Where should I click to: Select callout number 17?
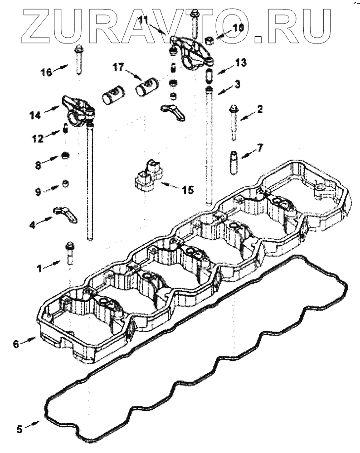[118, 67]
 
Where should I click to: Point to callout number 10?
[238, 28]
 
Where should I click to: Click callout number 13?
[240, 63]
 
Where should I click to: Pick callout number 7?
[260, 148]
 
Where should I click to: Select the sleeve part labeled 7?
[234, 161]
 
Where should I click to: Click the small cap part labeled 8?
[66, 156]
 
